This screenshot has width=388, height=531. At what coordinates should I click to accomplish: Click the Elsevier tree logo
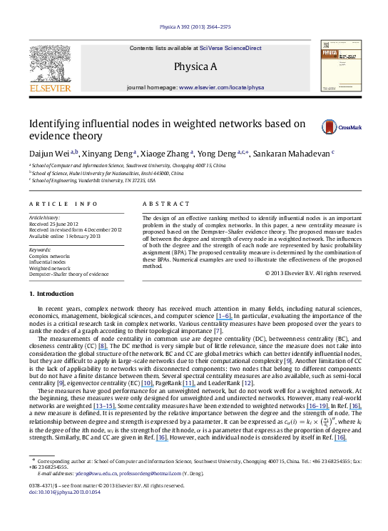tap(49, 64)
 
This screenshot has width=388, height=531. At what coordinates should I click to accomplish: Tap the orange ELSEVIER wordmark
tap(50, 89)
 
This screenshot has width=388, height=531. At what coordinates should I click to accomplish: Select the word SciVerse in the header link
tap(212, 49)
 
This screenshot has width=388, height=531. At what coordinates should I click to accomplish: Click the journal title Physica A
tap(195, 67)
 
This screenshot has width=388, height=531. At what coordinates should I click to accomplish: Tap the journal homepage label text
tap(152, 87)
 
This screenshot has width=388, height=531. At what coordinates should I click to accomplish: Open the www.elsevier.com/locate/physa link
tap(221, 87)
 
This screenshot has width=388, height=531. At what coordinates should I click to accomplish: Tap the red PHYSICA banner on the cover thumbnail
tap(330, 53)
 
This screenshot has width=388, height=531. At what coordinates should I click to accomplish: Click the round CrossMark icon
tap(329, 127)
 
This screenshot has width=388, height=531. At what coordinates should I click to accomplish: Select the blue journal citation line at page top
tap(195, 27)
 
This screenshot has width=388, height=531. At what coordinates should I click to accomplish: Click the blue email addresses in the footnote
tap(128, 473)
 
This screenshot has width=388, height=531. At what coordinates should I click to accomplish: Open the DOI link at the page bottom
tap(63, 492)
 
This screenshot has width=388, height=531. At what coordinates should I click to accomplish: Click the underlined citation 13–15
tap(104, 407)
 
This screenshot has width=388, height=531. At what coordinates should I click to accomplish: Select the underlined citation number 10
tap(147, 384)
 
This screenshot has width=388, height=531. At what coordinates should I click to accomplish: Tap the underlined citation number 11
tap(188, 384)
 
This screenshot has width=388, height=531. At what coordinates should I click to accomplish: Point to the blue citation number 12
tap(247, 384)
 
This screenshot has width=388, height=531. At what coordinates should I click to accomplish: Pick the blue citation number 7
tap(218, 332)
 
